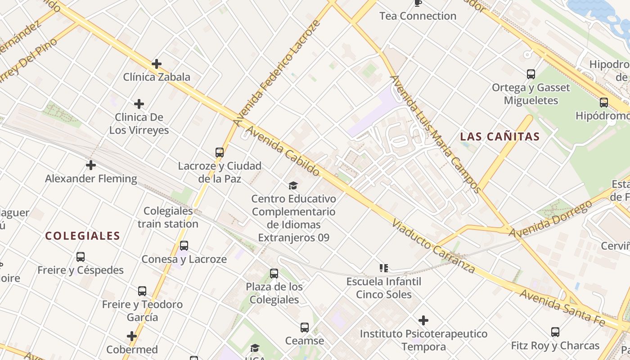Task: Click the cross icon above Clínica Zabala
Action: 157,64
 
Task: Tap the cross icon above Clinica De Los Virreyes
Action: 139,104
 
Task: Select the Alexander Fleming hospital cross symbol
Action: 91,165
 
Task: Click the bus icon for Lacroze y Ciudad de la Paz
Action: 220,153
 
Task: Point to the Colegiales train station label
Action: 168,217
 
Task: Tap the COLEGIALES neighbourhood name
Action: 83,236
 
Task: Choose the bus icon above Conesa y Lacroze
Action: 184,246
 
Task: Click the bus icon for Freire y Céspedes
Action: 81,257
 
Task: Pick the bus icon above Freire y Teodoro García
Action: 142,291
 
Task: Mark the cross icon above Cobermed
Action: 132,336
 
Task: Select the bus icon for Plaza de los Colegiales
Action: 274,273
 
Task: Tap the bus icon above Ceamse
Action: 305,328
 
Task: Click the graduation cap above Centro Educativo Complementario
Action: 293,185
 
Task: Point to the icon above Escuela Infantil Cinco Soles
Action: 384,268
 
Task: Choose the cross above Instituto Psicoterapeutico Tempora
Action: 423,320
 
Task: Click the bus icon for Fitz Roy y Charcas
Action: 555,332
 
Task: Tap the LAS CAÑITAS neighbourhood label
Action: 500,137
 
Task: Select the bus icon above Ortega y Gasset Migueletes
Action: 531,74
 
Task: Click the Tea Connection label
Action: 418,16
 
